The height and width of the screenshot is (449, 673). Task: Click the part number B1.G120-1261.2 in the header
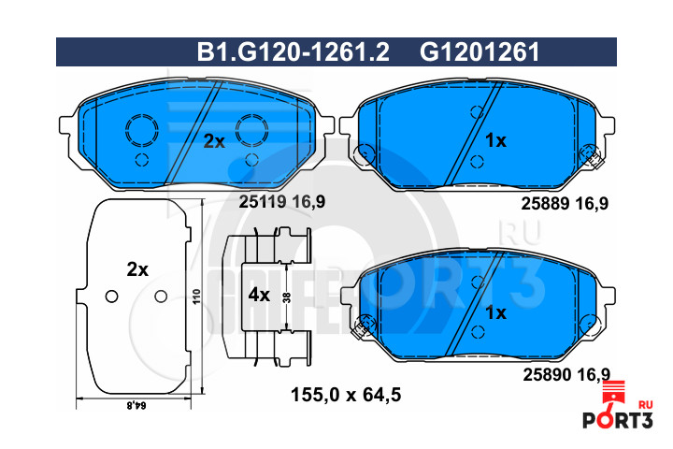(x=294, y=52)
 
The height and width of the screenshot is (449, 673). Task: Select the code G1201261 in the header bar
(x=480, y=52)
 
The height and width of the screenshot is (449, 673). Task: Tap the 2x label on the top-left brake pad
(x=214, y=141)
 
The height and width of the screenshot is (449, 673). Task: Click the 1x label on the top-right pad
(x=495, y=140)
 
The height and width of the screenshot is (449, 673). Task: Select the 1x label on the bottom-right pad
(x=495, y=312)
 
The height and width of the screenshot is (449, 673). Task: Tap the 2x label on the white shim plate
(x=137, y=269)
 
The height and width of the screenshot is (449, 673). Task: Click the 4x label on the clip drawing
(x=259, y=295)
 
